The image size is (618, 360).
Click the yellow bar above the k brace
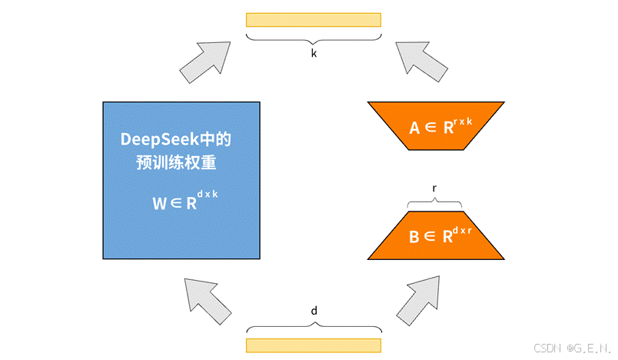click(314, 19)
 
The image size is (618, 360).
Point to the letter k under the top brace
click(314, 55)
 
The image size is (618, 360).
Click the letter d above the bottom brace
click(314, 311)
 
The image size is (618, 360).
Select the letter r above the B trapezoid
click(436, 188)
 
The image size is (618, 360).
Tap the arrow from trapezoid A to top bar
click(420, 60)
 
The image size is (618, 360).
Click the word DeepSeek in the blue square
click(158, 140)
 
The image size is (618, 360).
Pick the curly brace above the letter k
click(314, 38)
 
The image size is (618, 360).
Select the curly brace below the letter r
click(436, 202)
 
